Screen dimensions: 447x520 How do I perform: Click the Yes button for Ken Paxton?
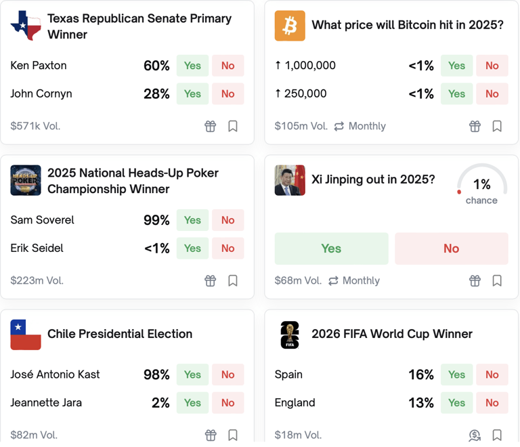[192, 66]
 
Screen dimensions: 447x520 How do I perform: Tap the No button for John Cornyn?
[227, 94]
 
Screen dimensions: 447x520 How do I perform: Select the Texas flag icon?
[26, 26]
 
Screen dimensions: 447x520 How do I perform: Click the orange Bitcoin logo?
[290, 26]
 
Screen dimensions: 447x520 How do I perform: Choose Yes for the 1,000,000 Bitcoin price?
[456, 66]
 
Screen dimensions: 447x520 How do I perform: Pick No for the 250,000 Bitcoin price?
[492, 94]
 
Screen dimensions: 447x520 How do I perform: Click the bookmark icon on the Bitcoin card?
[497, 126]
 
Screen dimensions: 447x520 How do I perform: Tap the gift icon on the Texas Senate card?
[211, 126]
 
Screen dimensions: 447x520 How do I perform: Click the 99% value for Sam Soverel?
[156, 220]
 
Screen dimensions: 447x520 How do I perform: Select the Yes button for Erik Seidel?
[192, 249]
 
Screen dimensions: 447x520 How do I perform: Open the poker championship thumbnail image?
[26, 180]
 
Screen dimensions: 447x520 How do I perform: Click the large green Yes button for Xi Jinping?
[331, 249]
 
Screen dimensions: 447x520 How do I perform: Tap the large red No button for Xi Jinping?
[451, 249]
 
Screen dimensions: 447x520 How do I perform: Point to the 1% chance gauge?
[481, 186]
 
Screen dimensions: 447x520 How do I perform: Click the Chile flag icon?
[26, 335]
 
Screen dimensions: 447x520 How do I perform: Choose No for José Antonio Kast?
[227, 375]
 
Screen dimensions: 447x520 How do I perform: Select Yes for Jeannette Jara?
[192, 403]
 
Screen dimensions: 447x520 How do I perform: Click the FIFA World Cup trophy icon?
[290, 335]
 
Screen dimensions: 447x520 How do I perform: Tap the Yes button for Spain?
[456, 375]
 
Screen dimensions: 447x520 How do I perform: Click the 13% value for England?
[420, 403]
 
